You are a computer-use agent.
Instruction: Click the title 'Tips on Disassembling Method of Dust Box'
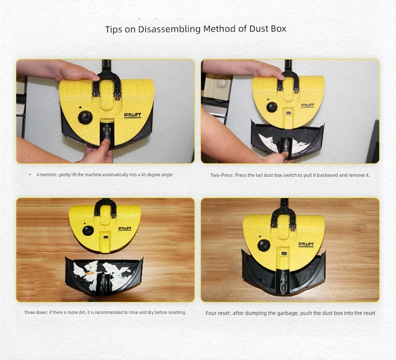[195, 29]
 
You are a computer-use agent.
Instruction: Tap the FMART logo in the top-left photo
[133, 116]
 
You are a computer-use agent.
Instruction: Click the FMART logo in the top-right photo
[308, 105]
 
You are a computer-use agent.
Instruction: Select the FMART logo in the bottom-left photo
[125, 228]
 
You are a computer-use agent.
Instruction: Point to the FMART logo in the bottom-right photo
[306, 244]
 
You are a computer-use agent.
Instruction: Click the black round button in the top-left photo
[85, 118]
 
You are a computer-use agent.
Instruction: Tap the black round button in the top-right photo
[272, 107]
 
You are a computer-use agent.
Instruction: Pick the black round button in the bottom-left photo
[88, 231]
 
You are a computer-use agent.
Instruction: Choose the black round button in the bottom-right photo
[264, 246]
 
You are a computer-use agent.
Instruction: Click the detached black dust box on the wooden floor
[104, 276]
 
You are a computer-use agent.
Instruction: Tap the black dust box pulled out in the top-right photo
[287, 139]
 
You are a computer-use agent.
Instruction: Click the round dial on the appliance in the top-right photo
[222, 83]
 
